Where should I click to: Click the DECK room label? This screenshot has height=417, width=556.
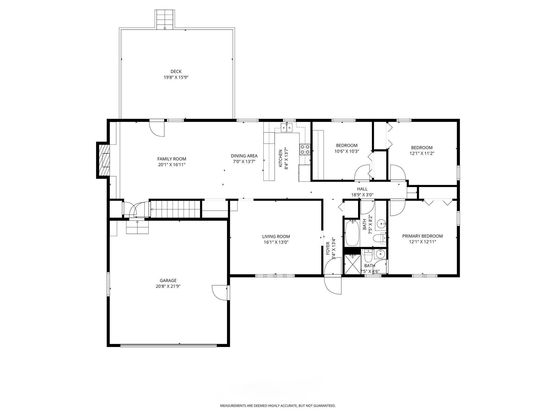[176, 72]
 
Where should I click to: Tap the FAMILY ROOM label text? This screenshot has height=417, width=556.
[172, 159]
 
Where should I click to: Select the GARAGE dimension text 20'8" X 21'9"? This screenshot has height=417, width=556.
[168, 286]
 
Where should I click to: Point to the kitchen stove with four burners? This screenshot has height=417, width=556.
[305, 149]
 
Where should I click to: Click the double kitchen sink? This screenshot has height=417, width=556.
[287, 127]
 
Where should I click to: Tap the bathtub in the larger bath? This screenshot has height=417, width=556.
[352, 233]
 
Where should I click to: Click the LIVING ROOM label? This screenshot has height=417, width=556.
[276, 236]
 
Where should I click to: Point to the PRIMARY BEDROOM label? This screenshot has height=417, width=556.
[422, 236]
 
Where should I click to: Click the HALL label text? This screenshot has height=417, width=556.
[362, 189]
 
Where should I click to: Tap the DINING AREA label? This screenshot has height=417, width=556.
[244, 156]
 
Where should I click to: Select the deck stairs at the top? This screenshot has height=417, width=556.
[165, 19]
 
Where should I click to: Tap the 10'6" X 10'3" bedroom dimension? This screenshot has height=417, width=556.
[347, 151]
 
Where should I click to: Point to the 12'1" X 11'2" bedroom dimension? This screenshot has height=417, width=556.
[422, 153]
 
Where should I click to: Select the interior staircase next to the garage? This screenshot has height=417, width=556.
[175, 209]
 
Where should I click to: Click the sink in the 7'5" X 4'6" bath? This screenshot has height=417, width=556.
[380, 254]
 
